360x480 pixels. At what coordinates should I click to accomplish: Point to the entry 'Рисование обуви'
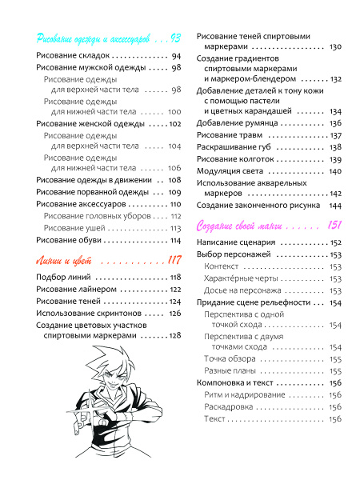click(70, 240)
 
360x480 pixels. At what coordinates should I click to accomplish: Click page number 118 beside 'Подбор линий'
click(175, 277)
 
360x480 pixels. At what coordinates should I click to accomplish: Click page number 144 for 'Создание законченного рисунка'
click(335, 205)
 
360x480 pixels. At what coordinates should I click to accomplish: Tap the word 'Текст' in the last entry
click(214, 418)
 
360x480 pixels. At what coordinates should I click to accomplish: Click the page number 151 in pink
click(334, 225)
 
